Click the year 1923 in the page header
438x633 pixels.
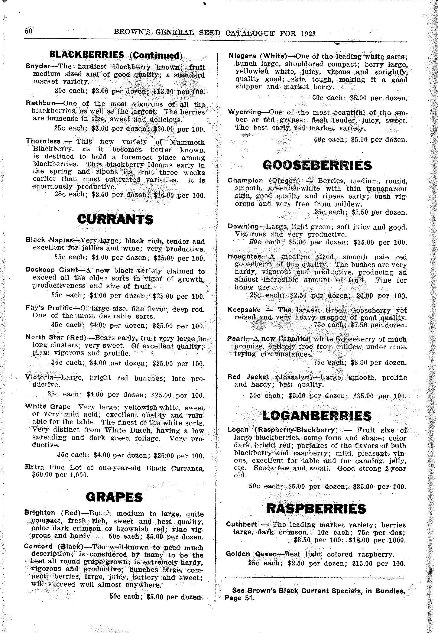tap(308, 33)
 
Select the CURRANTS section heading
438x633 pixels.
tap(115, 220)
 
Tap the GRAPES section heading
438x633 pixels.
tap(114, 497)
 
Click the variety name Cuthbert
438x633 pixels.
tap(241, 524)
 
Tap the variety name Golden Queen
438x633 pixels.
tap(251, 554)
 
